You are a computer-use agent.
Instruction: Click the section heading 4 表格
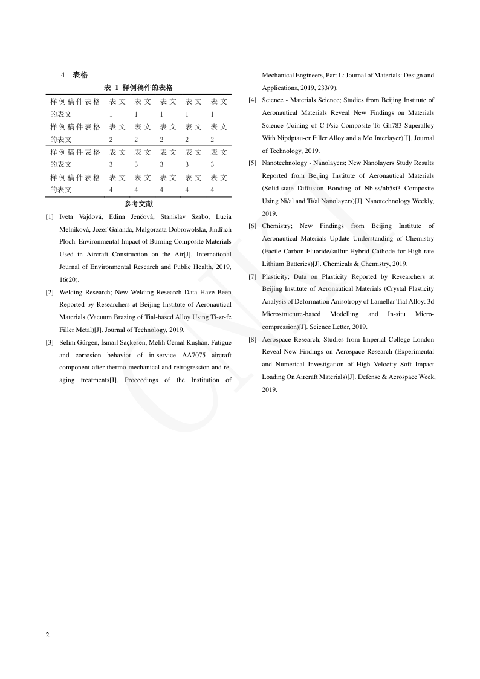74,75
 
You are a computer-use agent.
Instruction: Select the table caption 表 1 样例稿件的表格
138,88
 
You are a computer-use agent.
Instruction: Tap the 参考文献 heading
138,204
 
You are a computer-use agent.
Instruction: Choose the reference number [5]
253,163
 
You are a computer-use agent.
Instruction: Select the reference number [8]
253,339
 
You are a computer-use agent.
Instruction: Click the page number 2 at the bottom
48,635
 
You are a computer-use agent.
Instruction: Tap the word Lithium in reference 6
273,264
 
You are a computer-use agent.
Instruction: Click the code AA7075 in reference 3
195,355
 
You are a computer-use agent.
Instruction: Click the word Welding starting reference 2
71,292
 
